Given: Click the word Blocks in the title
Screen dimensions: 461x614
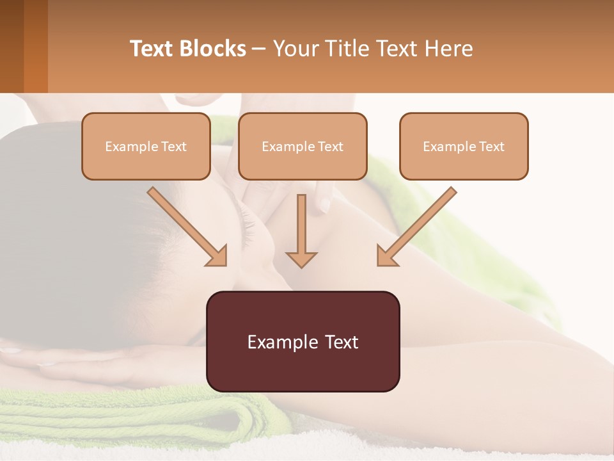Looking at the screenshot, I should [212, 49].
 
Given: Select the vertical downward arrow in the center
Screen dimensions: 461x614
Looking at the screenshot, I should [301, 230].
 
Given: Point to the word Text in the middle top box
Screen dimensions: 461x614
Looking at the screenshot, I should [331, 147].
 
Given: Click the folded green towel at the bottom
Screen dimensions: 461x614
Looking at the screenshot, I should [128, 416].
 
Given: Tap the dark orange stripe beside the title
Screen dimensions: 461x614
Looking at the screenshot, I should [36, 46].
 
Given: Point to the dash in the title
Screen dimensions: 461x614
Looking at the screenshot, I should [259, 49].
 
